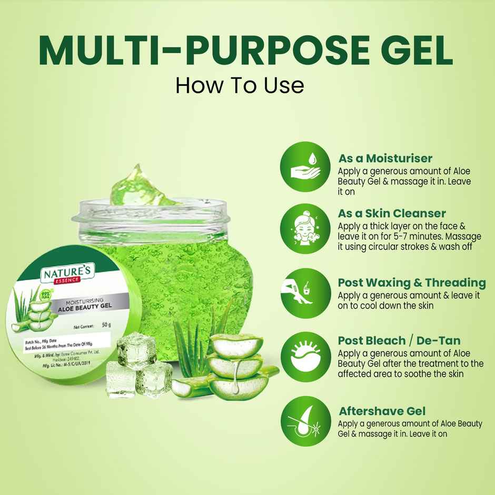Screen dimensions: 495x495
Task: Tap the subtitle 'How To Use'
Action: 240,84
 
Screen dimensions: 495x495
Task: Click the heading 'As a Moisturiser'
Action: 385,158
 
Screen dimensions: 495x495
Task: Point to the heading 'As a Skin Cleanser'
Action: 392,213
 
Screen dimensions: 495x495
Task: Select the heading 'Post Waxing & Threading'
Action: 411,282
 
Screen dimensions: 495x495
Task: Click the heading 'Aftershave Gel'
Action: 382,411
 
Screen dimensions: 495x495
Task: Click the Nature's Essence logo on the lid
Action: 67,276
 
